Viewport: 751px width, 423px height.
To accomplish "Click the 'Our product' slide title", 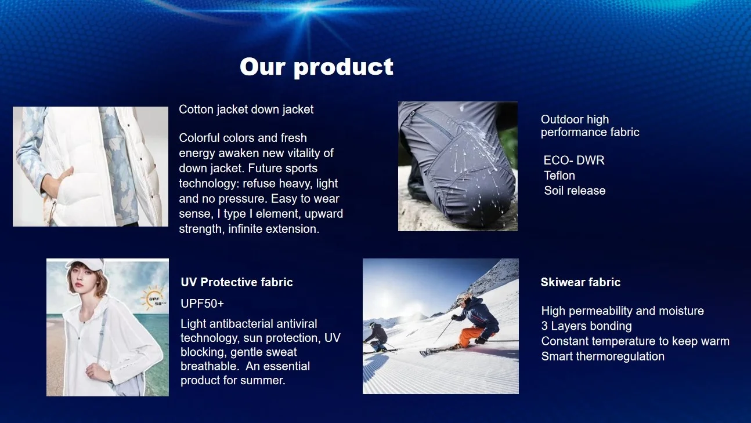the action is [316, 67].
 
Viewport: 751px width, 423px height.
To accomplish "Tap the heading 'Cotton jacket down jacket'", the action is [246, 110].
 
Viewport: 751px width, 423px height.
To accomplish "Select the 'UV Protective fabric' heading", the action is [237, 282].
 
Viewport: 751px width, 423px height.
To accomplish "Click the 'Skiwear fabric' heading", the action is [580, 282].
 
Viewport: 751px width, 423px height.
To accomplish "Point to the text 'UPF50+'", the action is [202, 304].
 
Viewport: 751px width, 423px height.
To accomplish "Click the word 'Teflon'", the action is [559, 176].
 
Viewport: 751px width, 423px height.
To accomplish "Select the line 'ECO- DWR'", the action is [574, 161].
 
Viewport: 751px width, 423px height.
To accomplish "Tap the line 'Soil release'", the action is [575, 191].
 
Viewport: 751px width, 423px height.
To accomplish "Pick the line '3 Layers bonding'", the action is [586, 326].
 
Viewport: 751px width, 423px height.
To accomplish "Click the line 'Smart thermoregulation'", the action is [603, 356].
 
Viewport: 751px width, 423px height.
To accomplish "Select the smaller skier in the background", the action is [377, 336].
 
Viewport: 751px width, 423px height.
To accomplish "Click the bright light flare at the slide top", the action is [307, 9].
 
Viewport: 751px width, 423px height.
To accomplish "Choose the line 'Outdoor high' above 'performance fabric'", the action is [575, 119].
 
